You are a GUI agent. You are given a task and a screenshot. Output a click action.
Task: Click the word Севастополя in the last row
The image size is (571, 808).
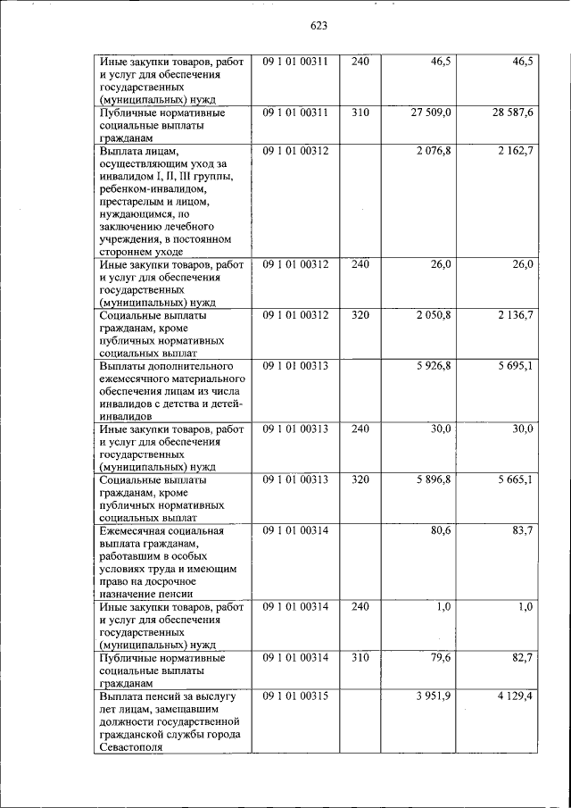coord(131,746)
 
